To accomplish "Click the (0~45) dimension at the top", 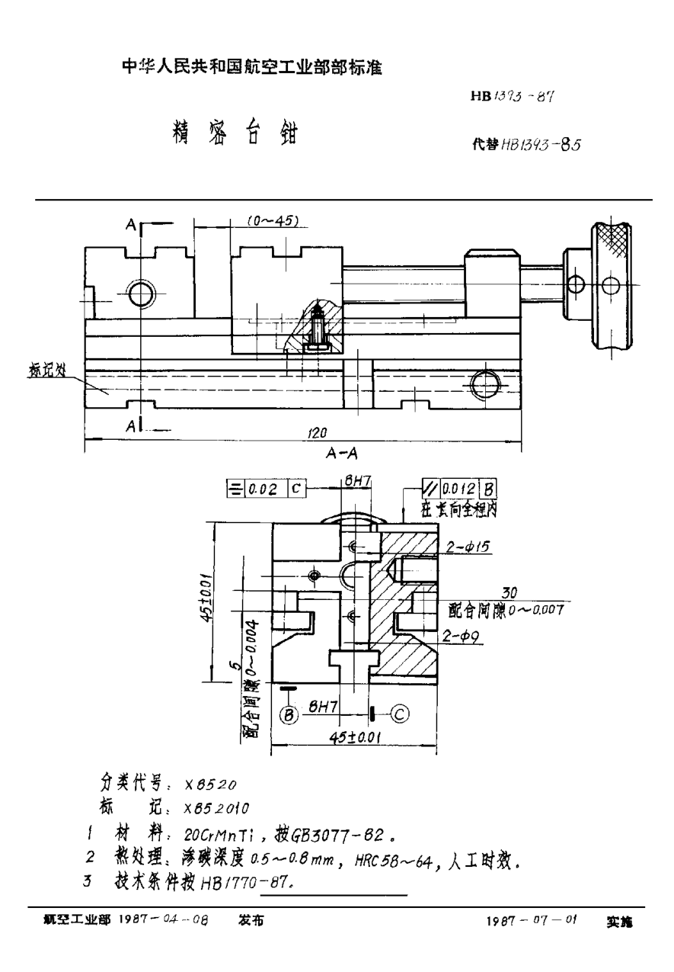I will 272,220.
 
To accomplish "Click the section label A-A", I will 342,453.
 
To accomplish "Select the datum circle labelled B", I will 289,715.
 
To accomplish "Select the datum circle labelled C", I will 401,714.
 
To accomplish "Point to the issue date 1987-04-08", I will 163,921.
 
